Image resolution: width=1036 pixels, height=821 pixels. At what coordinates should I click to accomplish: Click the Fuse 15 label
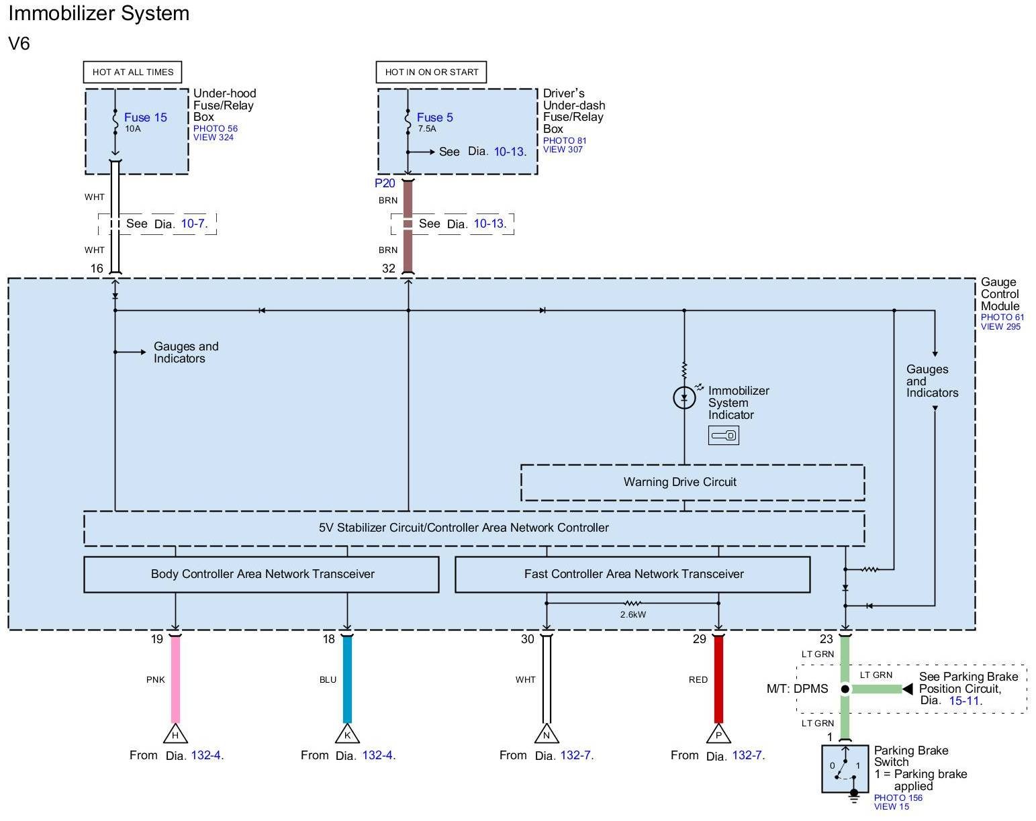pyautogui.click(x=145, y=117)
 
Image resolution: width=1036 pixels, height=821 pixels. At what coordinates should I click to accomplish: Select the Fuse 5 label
pyautogui.click(x=434, y=117)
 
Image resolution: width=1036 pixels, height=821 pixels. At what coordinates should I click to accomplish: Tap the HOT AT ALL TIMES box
pyautogui.click(x=133, y=73)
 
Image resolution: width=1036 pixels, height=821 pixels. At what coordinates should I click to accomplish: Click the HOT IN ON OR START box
pyautogui.click(x=432, y=73)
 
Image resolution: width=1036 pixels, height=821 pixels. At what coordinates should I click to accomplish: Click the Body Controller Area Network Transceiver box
pyautogui.click(x=261, y=574)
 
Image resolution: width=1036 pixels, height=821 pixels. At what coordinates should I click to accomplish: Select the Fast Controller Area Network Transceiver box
pyautogui.click(x=632, y=574)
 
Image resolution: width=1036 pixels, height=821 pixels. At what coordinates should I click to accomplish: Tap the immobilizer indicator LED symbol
pyautogui.click(x=684, y=398)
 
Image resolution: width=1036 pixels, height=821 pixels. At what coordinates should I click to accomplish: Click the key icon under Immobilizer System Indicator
pyautogui.click(x=724, y=436)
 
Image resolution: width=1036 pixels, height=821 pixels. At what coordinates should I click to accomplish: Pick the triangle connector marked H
pyautogui.click(x=175, y=734)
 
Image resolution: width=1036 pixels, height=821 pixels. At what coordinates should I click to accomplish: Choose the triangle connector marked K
pyautogui.click(x=347, y=734)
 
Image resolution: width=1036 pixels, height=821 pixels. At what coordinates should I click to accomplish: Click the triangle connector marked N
pyautogui.click(x=547, y=734)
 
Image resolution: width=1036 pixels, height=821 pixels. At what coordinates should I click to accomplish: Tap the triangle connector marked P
pyautogui.click(x=718, y=734)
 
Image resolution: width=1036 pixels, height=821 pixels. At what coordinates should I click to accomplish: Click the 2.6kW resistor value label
pyautogui.click(x=632, y=614)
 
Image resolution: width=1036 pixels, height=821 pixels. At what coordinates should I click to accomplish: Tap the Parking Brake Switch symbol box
pyautogui.click(x=845, y=769)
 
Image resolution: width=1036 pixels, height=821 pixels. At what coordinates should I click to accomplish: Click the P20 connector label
pyautogui.click(x=385, y=183)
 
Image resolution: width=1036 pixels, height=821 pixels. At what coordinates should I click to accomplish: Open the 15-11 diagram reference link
pyautogui.click(x=964, y=701)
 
